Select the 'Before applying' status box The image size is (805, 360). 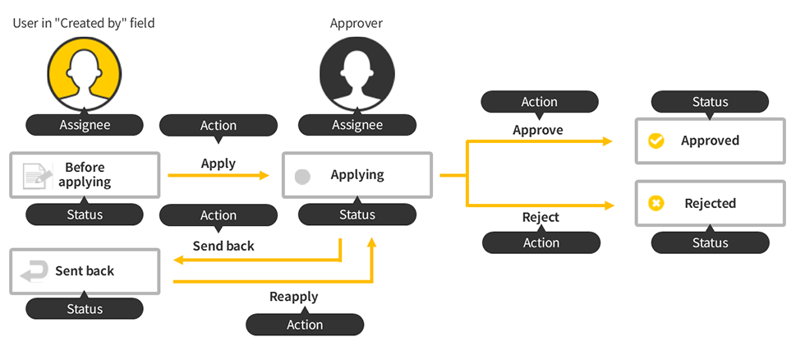tap(84, 174)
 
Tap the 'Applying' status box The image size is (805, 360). tap(356, 174)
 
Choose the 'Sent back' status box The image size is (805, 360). tap(84, 271)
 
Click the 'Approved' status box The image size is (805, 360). tap(710, 141)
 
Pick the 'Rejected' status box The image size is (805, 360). tap(710, 203)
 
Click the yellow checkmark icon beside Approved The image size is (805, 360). tap(655, 141)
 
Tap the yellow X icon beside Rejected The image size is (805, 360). tap(655, 203)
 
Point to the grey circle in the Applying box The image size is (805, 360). tap(302, 176)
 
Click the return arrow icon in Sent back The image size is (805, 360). tap(34, 272)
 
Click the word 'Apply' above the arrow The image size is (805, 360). tap(218, 164)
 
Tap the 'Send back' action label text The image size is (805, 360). tap(223, 246)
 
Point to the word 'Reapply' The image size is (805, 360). tap(293, 297)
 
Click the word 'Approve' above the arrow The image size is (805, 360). tap(538, 130)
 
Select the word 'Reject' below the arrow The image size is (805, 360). tap(540, 217)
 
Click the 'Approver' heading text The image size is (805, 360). tap(356, 23)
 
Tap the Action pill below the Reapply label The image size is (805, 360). tap(305, 325)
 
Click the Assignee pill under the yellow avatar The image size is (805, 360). tap(84, 125)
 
